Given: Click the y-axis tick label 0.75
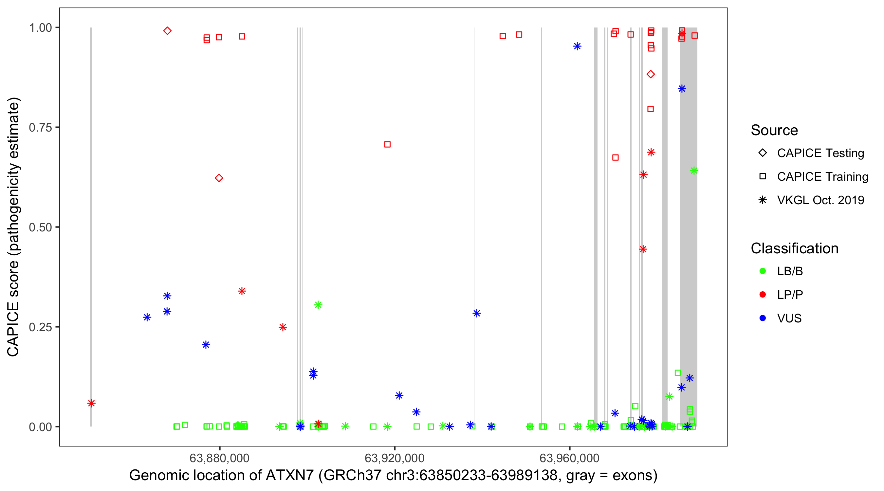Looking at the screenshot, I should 40,128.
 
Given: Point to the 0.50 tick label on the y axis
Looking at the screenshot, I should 40,227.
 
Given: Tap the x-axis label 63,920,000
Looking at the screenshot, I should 394,458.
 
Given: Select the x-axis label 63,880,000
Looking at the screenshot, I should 219,458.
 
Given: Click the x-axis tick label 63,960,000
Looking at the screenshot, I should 569,458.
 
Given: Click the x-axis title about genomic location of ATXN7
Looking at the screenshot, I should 393,476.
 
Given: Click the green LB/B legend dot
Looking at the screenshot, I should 763,271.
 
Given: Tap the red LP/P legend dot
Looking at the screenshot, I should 763,295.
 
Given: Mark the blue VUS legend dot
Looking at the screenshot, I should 763,318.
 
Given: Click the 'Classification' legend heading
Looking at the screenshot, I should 794,248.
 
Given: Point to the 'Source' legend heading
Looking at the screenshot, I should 774,130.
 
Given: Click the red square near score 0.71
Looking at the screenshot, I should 387,144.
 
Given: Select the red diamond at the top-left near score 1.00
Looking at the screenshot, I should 167,31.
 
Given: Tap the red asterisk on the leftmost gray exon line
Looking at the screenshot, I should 91,403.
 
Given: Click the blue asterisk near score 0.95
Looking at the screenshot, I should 577,46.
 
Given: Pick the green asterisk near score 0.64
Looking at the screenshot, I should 693,171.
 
